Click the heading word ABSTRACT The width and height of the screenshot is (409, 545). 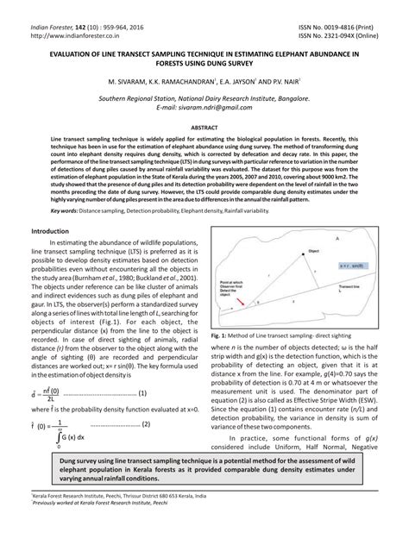tap(204, 126)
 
